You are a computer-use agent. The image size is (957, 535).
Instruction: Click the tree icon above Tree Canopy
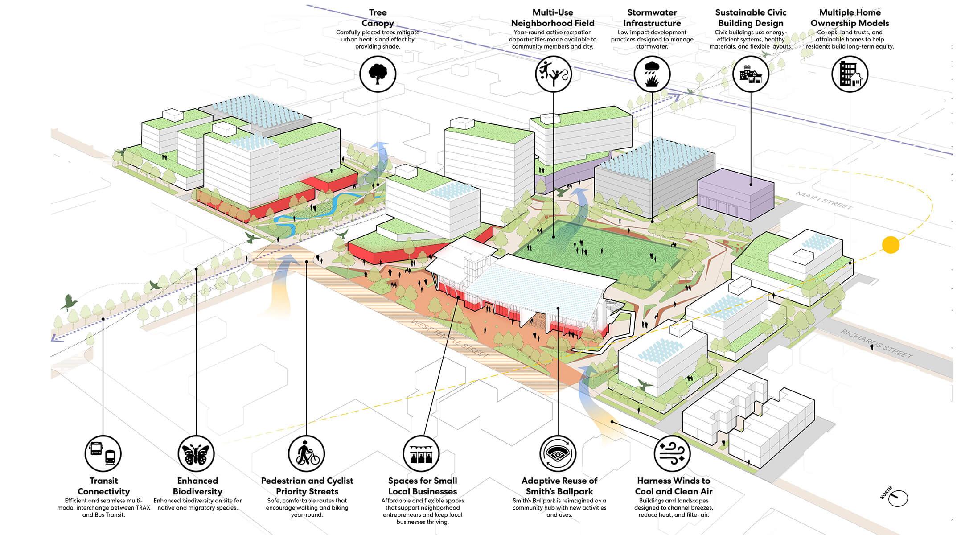point(378,74)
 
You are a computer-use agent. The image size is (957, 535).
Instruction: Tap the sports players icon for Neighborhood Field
point(553,74)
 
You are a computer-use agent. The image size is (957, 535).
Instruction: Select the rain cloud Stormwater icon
point(652,74)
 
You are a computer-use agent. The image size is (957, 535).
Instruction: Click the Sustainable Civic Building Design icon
point(751,74)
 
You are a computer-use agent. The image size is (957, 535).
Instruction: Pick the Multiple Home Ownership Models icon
point(850,74)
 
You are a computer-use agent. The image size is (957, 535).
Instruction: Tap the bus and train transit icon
point(103,454)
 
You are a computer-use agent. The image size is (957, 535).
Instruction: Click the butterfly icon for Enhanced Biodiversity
point(196,454)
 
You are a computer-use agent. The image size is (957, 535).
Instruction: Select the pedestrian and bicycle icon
point(307,454)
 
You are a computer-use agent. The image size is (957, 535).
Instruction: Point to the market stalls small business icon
point(421,454)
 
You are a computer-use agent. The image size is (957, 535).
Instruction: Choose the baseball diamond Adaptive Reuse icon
point(558,454)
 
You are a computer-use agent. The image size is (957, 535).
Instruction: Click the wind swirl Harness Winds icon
point(672,454)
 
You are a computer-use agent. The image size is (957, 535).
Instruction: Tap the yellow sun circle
point(891,245)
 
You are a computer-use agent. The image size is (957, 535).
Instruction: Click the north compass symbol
point(897,498)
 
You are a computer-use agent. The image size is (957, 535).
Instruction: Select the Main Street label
point(824,201)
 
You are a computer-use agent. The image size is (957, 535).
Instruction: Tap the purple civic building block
point(735,195)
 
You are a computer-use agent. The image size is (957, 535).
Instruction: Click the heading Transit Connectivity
point(103,486)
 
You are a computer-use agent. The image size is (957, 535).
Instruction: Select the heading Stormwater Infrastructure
point(652,18)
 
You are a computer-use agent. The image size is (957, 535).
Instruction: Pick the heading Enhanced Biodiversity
point(197,486)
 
